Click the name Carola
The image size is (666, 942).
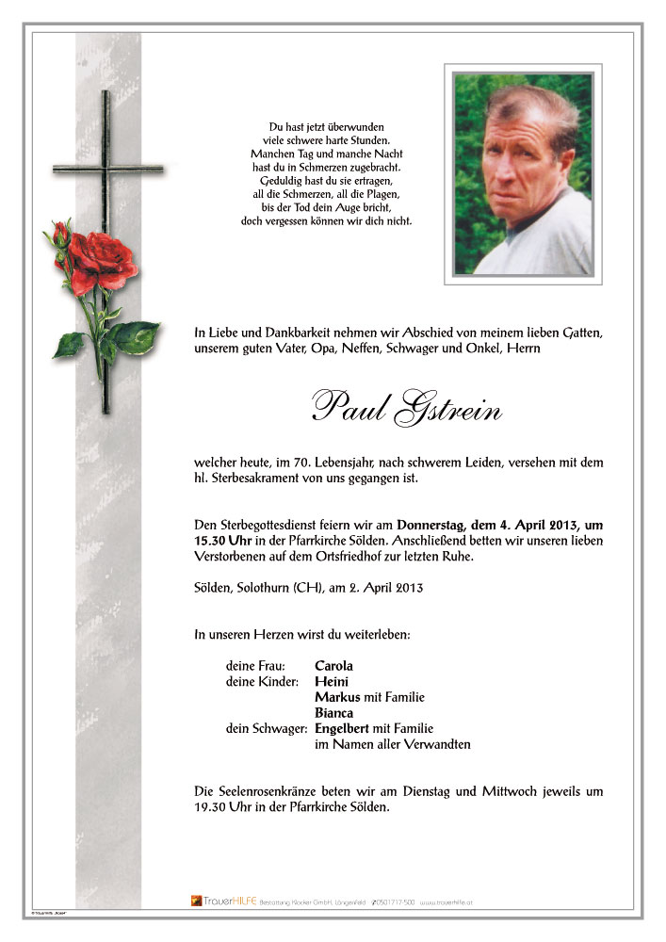point(333,666)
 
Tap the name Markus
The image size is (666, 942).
point(336,698)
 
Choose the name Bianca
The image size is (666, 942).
point(334,713)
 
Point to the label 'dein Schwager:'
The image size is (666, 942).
point(267,729)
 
